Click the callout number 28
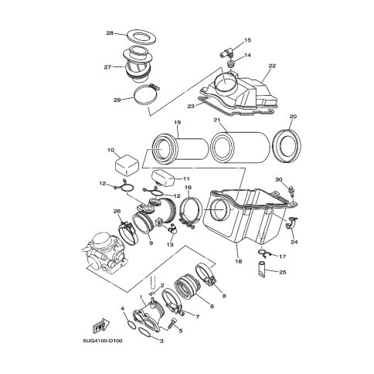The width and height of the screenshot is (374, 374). [110, 33]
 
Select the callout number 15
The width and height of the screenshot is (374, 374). [247, 40]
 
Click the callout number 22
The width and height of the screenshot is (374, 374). [272, 66]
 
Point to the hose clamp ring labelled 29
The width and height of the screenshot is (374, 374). [135, 99]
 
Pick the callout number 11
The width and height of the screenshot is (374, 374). [186, 178]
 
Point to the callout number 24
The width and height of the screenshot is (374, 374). [294, 242]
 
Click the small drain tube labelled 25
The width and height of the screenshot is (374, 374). [262, 270]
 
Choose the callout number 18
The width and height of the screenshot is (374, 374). [239, 261]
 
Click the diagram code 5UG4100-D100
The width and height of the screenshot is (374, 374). [103, 341]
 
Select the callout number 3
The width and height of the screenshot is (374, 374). [161, 342]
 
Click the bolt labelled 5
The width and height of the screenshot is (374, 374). [172, 323]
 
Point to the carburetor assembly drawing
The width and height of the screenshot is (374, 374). [104, 252]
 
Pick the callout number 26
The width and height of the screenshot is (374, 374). [117, 212]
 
